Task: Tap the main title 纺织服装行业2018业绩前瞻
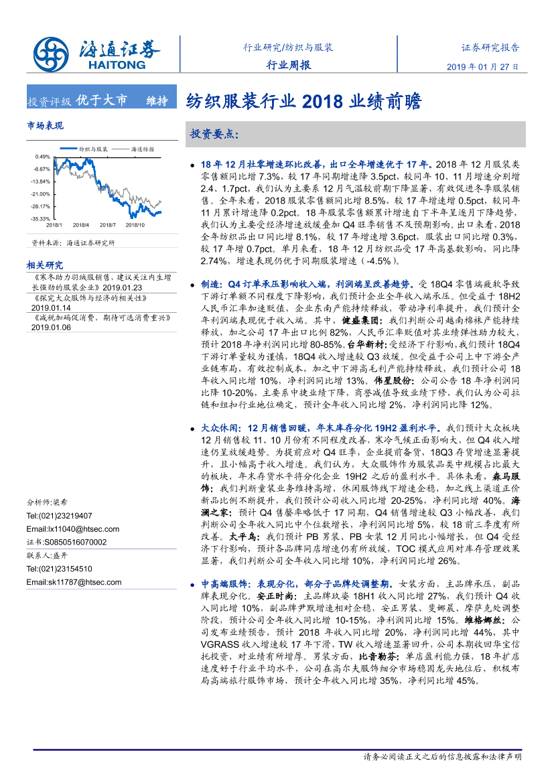click(x=303, y=101)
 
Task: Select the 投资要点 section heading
click(x=214, y=134)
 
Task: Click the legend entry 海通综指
click(x=142, y=149)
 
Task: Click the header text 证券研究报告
click(x=490, y=48)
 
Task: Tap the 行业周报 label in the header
click(x=288, y=65)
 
